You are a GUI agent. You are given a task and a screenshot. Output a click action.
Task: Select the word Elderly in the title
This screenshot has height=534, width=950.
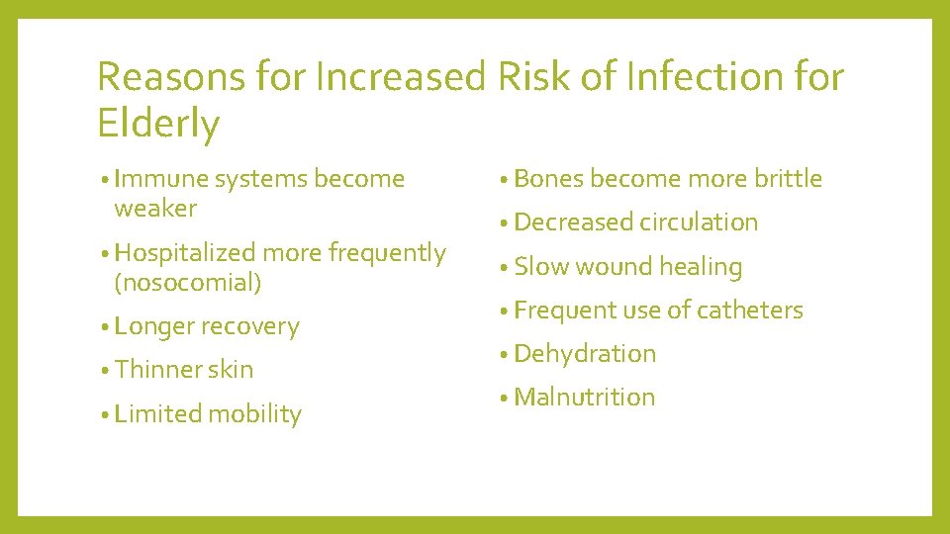pyautogui.click(x=158, y=125)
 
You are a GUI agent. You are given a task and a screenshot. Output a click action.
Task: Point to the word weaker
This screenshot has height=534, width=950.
pyautogui.click(x=155, y=208)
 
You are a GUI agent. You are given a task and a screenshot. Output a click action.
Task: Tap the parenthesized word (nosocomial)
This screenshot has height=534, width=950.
pyautogui.click(x=188, y=282)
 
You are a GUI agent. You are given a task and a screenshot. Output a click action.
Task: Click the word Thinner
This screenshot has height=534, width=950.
pyautogui.click(x=156, y=370)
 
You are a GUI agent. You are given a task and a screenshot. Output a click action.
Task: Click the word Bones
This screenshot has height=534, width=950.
pyautogui.click(x=548, y=179)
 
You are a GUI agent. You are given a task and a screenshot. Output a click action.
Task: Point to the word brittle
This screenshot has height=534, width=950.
pyautogui.click(x=788, y=179)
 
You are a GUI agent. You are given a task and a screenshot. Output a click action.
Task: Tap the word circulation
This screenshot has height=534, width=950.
pyautogui.click(x=699, y=222)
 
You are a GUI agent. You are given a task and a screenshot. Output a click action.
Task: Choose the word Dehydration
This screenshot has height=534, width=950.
pyautogui.click(x=585, y=354)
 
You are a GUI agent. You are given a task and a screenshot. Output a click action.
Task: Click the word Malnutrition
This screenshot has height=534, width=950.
pyautogui.click(x=585, y=398)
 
